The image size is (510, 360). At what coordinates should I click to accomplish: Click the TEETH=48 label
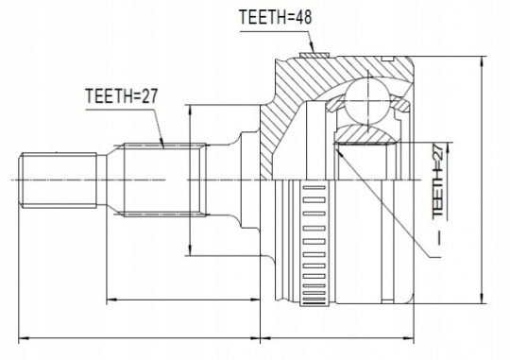click(x=275, y=17)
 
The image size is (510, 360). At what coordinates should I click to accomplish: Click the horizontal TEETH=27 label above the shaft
click(x=122, y=96)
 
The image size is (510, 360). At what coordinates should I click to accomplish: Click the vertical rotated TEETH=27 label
click(x=438, y=181)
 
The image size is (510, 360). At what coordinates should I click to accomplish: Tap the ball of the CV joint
click(x=367, y=101)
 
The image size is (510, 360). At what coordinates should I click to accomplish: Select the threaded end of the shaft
click(x=58, y=180)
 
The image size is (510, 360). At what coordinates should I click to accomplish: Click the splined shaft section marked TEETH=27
click(x=164, y=180)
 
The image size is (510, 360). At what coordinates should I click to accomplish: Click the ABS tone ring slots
click(x=314, y=245)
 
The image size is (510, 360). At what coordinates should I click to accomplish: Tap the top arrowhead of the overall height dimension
click(x=482, y=61)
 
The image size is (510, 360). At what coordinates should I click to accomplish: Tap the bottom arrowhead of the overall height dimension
click(x=482, y=298)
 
